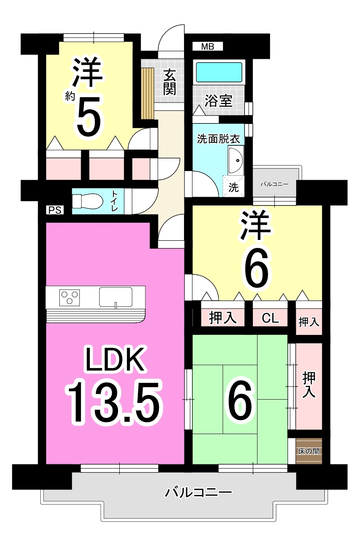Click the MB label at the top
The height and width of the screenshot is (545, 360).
tap(208, 46)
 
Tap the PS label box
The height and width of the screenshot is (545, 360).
tap(55, 210)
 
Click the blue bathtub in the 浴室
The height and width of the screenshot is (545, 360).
tap(219, 72)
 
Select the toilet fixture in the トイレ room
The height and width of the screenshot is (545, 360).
tap(87, 201)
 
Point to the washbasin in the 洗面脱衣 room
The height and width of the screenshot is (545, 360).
tap(236, 161)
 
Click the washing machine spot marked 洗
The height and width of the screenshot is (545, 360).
tap(233, 187)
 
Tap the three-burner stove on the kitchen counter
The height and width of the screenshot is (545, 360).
tap(70, 298)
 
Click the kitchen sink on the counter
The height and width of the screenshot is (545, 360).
tap(116, 297)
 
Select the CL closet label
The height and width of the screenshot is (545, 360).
tap(270, 318)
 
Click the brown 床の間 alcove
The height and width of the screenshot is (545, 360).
tap(309, 451)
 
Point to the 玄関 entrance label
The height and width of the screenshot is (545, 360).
tap(169, 82)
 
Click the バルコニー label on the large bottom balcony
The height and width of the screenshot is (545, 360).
tap(198, 492)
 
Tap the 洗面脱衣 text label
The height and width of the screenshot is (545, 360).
tap(218, 139)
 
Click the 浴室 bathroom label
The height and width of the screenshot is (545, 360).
tap(218, 101)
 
